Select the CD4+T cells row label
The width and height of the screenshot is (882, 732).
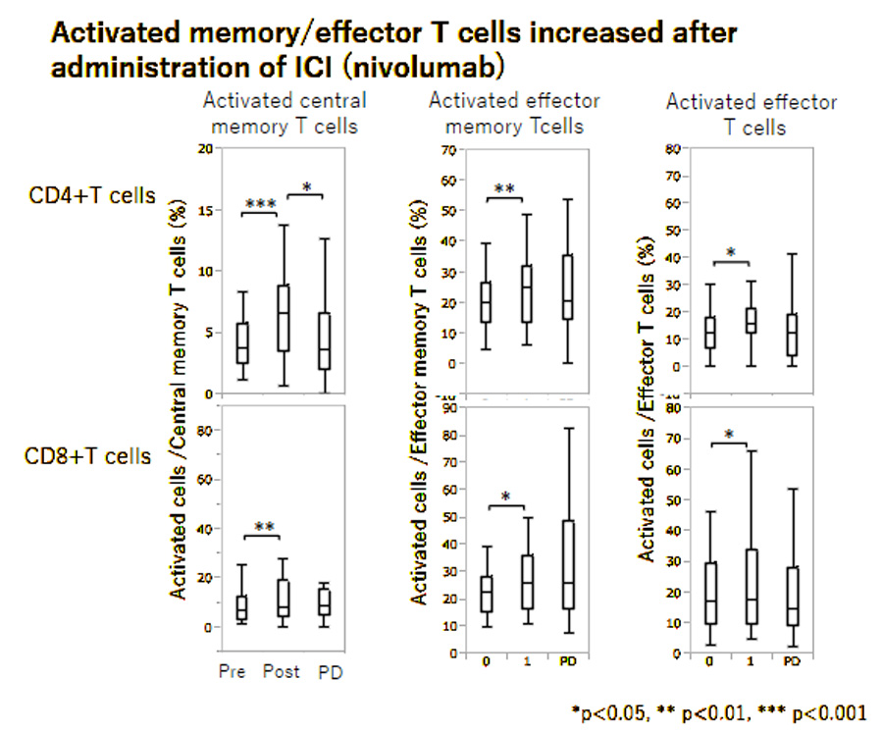point(90,195)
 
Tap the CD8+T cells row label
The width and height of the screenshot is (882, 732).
point(90,456)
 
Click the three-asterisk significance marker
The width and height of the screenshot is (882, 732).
point(260,204)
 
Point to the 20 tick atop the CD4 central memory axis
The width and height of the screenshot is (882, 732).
point(204,148)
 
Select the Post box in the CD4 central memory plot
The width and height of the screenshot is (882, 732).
point(283,317)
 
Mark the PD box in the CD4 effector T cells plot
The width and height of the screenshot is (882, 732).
point(792,335)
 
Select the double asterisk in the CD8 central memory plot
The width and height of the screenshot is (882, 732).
point(263,527)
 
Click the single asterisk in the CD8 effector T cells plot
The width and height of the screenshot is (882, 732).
point(729,435)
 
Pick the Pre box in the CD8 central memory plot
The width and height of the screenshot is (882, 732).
point(241,607)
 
